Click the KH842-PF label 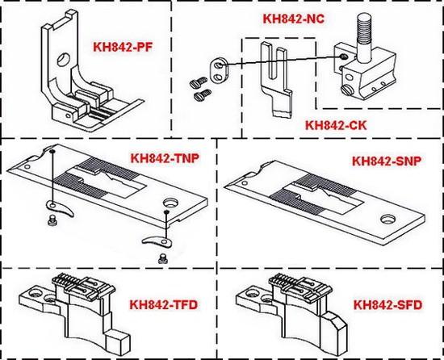[123, 47]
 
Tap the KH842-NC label [294, 19]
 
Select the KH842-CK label [336, 125]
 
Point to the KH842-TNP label [165, 158]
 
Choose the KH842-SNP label [387, 161]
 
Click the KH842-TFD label [164, 304]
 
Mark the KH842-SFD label [388, 304]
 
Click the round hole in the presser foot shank [64, 59]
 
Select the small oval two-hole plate [218, 71]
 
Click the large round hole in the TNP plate [171, 203]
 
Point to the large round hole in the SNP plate [388, 219]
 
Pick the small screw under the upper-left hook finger [52, 220]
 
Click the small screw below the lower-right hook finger [162, 258]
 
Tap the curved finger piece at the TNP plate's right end [157, 241]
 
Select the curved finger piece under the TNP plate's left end [60, 208]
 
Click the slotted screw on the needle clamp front [346, 90]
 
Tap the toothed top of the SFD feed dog [300, 285]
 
